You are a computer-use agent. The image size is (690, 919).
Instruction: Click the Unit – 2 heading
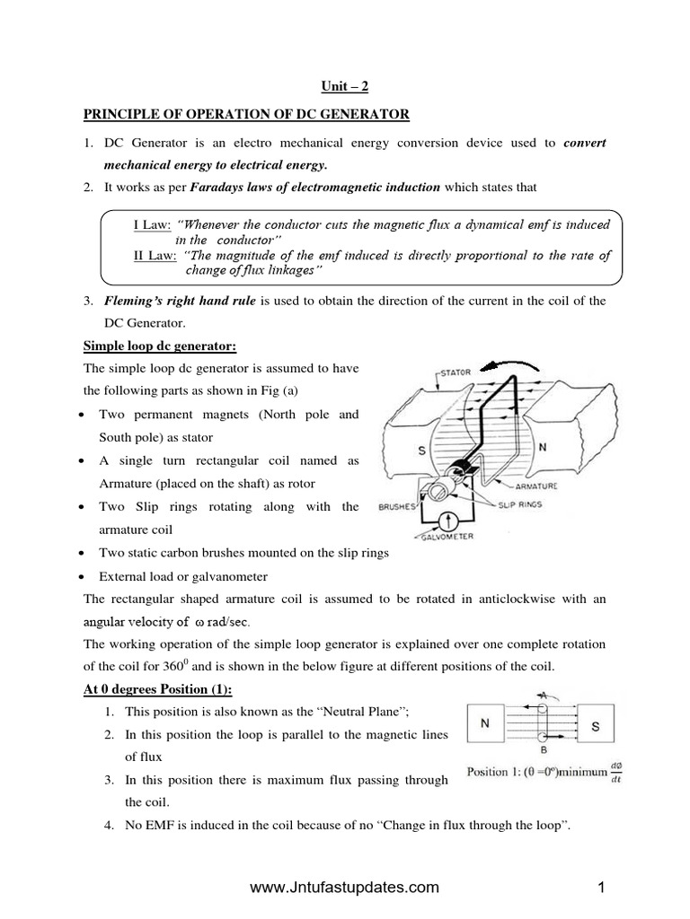pos(345,86)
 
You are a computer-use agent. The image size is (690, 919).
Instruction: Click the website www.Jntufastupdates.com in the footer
pos(344,888)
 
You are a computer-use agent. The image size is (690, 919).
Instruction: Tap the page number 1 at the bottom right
pos(601,888)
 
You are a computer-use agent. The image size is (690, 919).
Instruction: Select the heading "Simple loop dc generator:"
pos(159,346)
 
